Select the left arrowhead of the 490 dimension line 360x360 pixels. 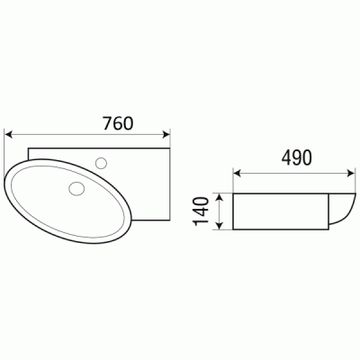(x=238, y=171)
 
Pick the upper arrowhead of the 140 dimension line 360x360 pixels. (x=217, y=195)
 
